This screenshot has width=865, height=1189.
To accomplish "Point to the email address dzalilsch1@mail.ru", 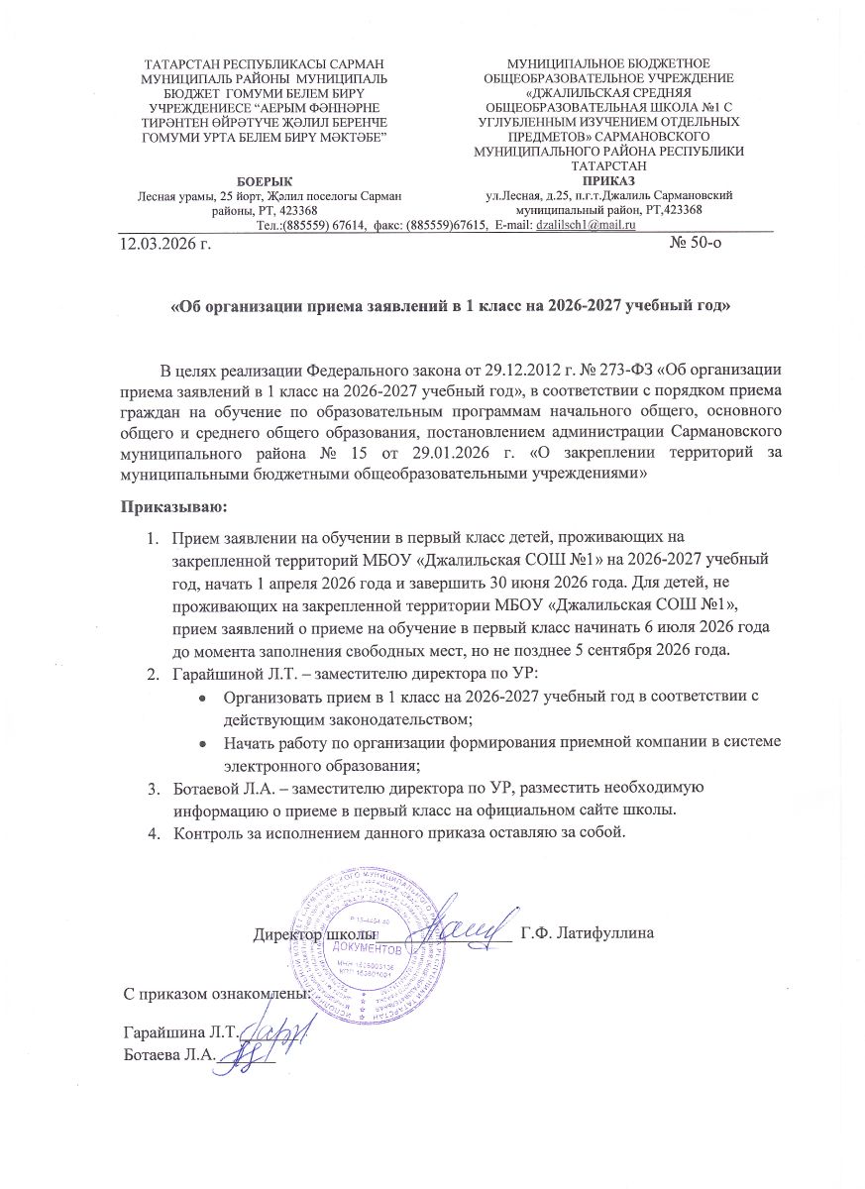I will (x=585, y=226).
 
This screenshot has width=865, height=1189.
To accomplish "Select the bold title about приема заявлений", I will (x=451, y=307).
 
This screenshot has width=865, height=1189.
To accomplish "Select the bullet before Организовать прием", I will (x=203, y=697).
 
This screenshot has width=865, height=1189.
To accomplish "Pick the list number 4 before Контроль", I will (x=154, y=831).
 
